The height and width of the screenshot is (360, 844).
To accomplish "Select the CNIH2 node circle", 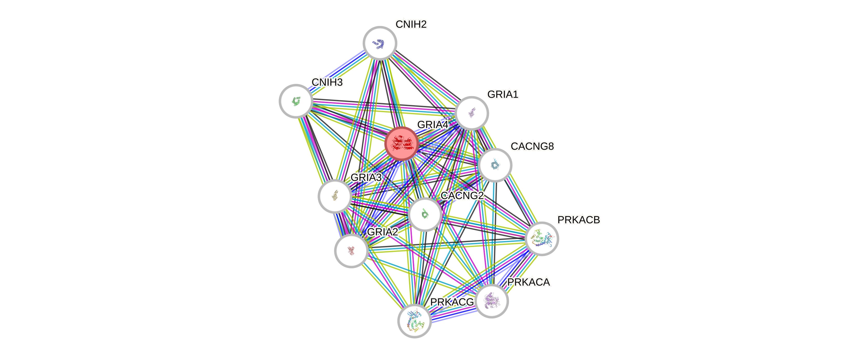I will pos(380,43).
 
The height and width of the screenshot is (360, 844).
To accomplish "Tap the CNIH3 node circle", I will pos(296,101).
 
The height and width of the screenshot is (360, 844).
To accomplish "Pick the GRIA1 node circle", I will pos(472,113).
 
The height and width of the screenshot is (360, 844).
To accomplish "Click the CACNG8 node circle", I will pos(495,165).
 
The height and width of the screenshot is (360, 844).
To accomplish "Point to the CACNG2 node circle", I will pos(425,214).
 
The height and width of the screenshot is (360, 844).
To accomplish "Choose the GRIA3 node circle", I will pos(335,196).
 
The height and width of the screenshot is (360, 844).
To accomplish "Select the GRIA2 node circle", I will pos(351,251).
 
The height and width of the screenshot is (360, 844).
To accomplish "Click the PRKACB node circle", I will pos(542,238).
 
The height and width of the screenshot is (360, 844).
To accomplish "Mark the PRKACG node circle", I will pos(414,321).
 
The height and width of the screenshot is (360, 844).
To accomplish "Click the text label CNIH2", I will pos(411,24).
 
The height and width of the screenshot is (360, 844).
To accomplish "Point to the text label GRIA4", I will pos(432,125).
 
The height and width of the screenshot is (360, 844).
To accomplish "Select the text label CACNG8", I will pos(532,146).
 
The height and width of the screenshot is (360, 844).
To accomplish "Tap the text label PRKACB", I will pos(579,220).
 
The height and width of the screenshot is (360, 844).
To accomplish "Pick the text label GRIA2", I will pos(382,232).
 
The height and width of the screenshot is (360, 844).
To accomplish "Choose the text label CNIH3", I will pos(327,82).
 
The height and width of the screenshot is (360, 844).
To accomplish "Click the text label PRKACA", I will pos(528,282).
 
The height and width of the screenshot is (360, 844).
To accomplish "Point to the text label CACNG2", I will pos(462,196).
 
